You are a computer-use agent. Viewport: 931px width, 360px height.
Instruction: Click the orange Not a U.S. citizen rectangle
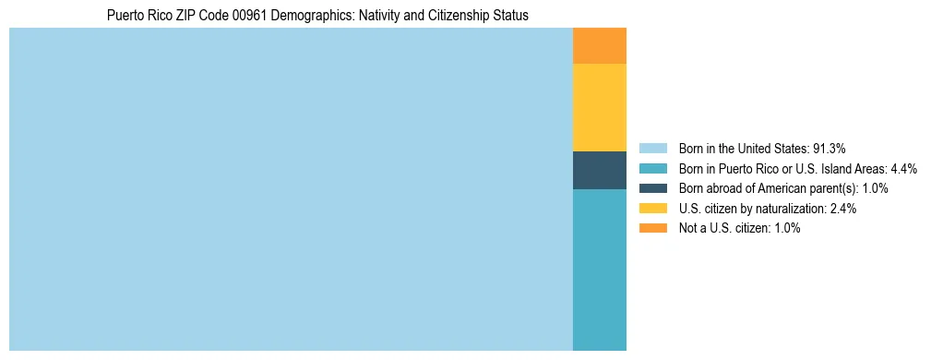pos(600,46)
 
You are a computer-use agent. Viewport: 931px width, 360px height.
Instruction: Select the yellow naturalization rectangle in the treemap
pos(600,107)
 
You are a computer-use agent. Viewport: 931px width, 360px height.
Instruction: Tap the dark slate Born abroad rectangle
pos(600,170)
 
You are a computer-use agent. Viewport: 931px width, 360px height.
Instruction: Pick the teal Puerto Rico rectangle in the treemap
pos(600,270)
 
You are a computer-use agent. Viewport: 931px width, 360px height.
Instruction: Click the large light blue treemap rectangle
pos(291,189)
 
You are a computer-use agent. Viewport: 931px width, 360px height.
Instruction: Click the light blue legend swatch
pos(652,148)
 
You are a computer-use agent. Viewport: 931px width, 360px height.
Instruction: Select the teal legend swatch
pos(652,168)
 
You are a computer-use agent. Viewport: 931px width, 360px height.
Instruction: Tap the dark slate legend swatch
pos(652,188)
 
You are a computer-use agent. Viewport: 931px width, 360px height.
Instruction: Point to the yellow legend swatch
pos(652,209)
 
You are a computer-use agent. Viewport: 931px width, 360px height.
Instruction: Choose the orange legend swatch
pos(652,228)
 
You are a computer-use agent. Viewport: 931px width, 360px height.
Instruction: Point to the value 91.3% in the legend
pos(829,148)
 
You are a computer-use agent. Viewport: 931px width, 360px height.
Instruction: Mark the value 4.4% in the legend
pos(904,168)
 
